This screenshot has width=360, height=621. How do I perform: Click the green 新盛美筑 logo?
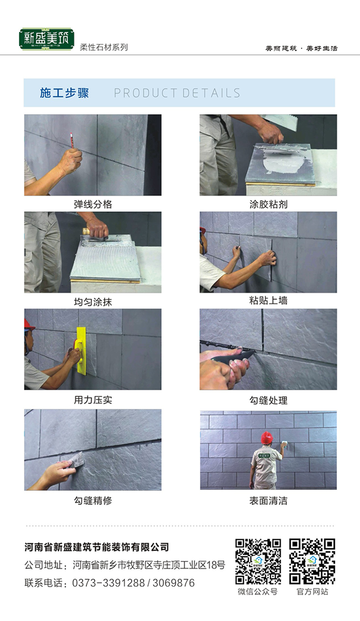click(x=47, y=39)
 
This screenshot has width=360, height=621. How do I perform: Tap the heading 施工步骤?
click(x=64, y=93)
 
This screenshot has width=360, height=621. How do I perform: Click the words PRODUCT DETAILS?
click(x=177, y=93)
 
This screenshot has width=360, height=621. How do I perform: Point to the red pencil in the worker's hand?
click(x=72, y=140)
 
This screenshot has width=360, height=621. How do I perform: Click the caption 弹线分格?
click(x=93, y=204)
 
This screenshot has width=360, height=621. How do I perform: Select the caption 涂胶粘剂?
click(x=268, y=204)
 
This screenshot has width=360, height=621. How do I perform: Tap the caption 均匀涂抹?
click(x=93, y=302)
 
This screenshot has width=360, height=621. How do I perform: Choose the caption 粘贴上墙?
click(x=268, y=300)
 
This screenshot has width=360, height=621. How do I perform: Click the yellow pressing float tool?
click(x=81, y=351)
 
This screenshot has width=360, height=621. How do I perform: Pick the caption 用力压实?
click(x=93, y=400)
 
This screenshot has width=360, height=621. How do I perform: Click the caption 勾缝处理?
click(x=268, y=400)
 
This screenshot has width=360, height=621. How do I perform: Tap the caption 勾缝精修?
click(x=93, y=501)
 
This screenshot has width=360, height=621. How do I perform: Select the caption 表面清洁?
click(x=268, y=501)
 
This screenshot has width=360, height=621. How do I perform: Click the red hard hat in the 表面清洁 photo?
click(x=267, y=438)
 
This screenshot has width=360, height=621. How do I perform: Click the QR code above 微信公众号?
click(x=258, y=561)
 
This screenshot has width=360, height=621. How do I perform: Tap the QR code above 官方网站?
click(x=312, y=561)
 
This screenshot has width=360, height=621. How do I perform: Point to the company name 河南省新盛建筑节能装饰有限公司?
click(x=97, y=547)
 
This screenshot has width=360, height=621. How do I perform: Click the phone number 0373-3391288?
click(x=108, y=583)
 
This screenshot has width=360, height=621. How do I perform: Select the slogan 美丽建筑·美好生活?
click(x=301, y=48)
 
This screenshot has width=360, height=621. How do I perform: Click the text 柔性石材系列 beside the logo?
click(x=104, y=48)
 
